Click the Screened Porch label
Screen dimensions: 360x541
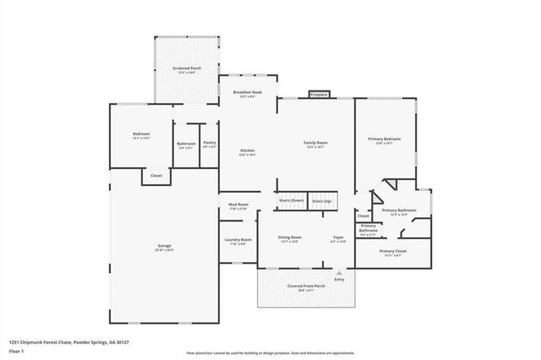tap(187, 68)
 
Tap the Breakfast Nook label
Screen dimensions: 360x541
tap(247, 92)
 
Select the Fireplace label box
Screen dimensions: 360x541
tap(318, 95)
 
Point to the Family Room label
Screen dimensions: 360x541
tap(315, 143)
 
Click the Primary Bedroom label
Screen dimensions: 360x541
tap(384, 139)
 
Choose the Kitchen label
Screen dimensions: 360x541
tap(247, 151)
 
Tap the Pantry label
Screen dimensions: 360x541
tap(210, 143)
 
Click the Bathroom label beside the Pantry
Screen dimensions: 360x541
tap(186, 144)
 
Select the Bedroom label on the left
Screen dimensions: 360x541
tap(141, 135)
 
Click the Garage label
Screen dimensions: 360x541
tap(164, 246)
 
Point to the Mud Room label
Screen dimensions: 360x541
tap(238, 205)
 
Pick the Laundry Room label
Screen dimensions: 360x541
tap(238, 240)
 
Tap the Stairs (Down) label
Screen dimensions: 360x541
tap(291, 200)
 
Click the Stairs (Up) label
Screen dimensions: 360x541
tap(321, 201)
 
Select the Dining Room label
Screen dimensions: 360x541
tap(290, 237)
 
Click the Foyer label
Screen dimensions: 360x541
tap(337, 237)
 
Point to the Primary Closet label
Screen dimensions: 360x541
tap(392, 251)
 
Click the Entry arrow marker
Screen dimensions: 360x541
tap(339, 274)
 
